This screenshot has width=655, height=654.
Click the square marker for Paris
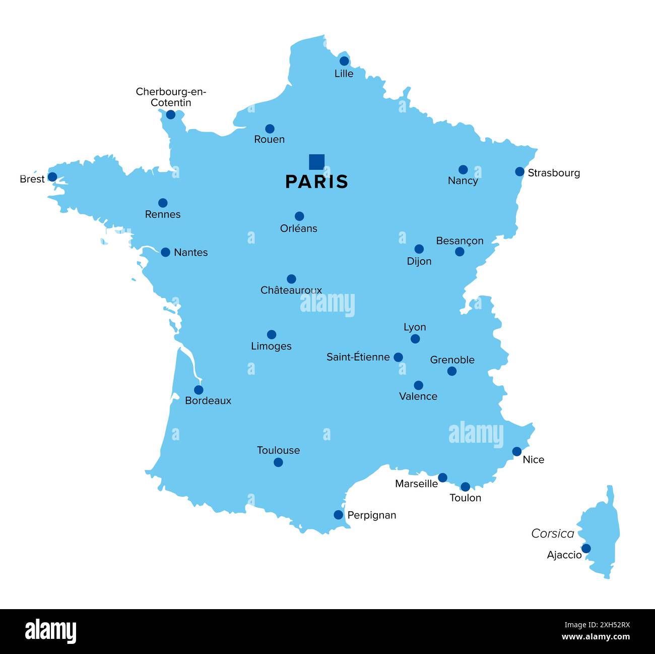point(316,162)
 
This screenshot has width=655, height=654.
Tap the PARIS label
point(316,182)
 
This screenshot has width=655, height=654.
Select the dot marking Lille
point(344,61)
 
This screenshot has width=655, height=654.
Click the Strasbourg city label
point(554,173)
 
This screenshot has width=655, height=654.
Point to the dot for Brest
point(52,177)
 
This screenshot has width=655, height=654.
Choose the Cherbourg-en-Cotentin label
point(171,97)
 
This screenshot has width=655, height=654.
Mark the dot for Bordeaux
point(199,390)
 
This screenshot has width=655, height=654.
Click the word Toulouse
point(278,450)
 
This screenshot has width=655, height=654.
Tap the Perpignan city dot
point(339,515)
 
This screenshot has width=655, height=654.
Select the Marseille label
point(416,484)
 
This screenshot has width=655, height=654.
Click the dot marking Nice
point(517,451)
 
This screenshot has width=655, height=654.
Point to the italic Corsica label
point(553,533)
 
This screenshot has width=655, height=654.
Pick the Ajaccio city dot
point(586,549)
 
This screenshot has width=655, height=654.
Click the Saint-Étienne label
point(358,357)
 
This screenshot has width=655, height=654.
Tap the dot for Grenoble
point(452,371)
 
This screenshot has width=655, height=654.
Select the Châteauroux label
point(291,290)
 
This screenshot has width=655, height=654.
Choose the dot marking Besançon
point(460,252)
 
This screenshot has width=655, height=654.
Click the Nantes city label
point(190,252)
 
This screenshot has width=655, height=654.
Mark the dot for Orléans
point(299,216)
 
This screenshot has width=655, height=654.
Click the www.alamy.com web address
point(596,637)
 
